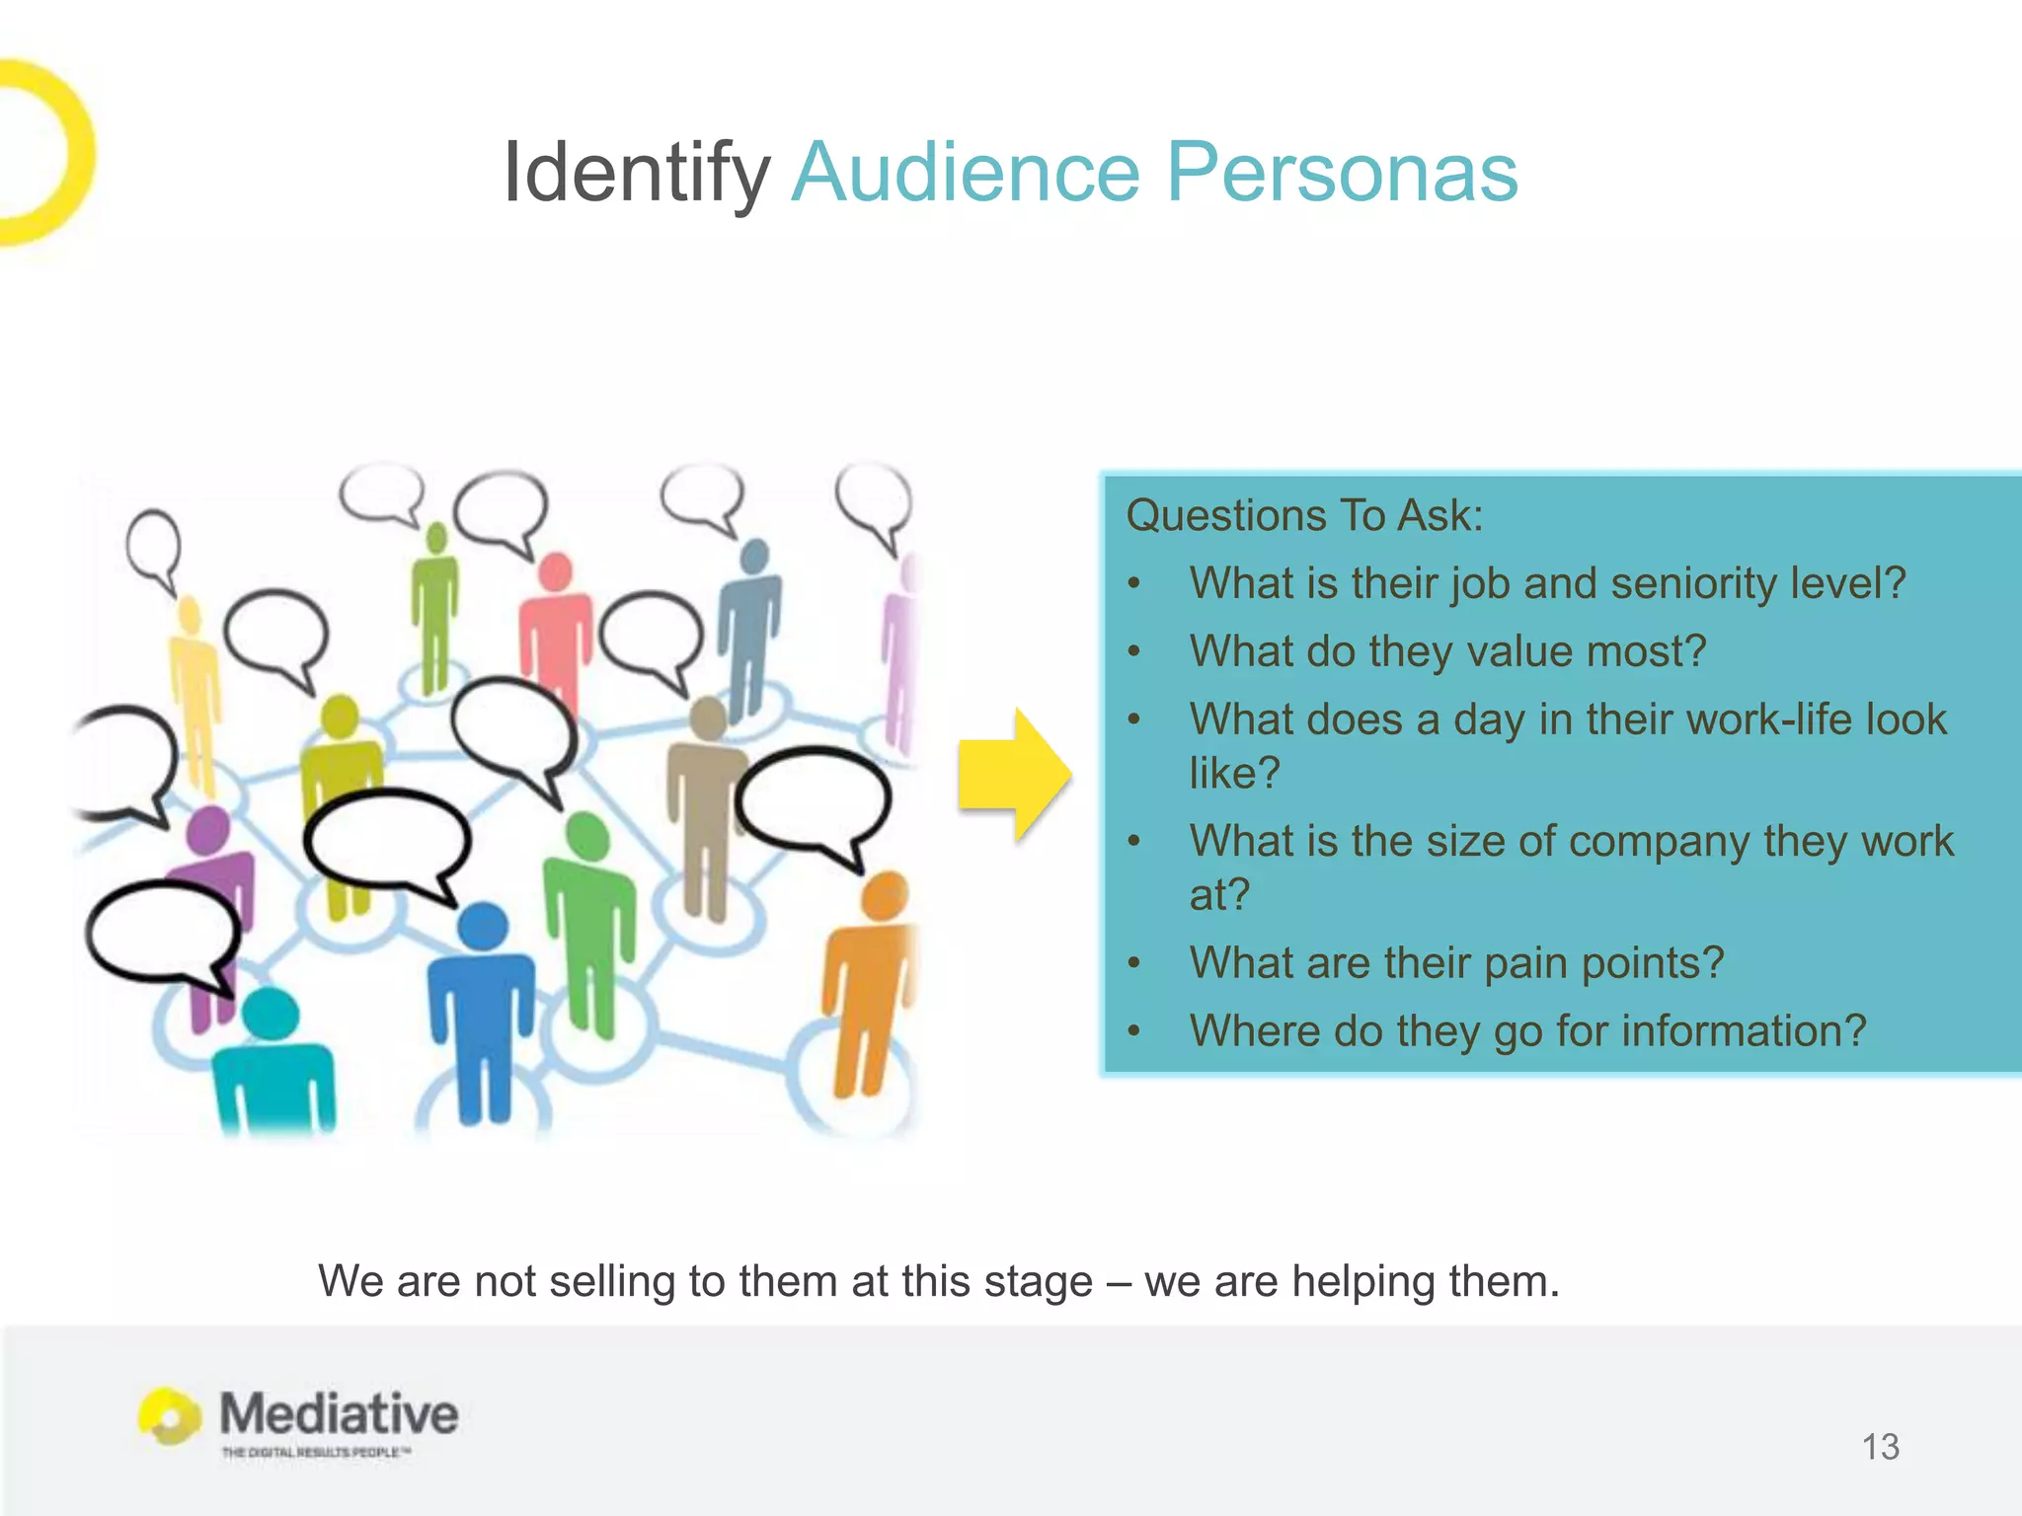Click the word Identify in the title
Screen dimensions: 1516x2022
click(635, 173)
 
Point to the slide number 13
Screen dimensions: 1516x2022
click(1880, 1447)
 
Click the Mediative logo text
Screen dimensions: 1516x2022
click(339, 1413)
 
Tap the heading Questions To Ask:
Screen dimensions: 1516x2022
click(1304, 515)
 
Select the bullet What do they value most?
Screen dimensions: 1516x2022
click(1447, 651)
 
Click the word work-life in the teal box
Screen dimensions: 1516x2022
click(1769, 720)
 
